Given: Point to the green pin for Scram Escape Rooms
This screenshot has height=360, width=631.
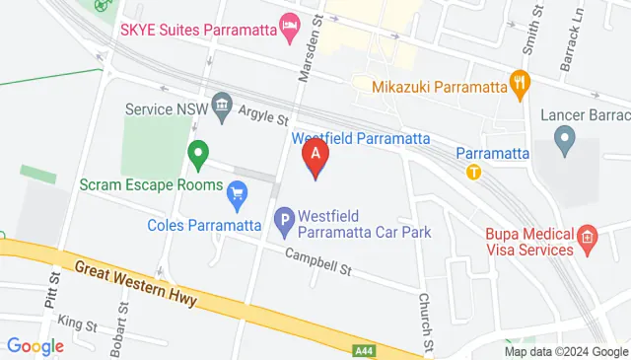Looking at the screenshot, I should (x=198, y=154).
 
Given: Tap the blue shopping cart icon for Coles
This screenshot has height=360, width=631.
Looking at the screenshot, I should (x=237, y=195).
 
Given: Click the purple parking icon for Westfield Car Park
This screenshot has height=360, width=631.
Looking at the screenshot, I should (x=284, y=223).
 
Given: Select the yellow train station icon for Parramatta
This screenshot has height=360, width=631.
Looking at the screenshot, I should (x=474, y=171).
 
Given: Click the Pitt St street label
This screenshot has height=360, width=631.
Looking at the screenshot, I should (x=50, y=293).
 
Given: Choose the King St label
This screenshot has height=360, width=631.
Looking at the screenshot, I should (x=77, y=323).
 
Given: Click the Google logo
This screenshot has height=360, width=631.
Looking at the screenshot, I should (x=35, y=346).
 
